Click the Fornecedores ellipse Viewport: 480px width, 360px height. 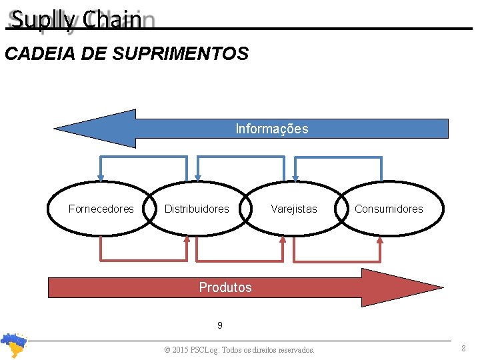pyautogui.click(x=101, y=209)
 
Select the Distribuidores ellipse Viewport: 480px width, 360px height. pyautogui.click(x=197, y=209)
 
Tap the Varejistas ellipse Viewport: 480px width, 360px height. pyautogui.click(x=294, y=209)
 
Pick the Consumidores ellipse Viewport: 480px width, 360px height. pyautogui.click(x=389, y=209)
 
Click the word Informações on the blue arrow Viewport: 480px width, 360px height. pyautogui.click(x=272, y=129)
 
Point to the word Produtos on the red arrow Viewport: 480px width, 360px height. pyautogui.click(x=225, y=287)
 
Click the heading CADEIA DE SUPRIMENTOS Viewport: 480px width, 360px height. pyautogui.click(x=127, y=53)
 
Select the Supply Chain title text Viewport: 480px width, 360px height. pyautogui.click(x=77, y=20)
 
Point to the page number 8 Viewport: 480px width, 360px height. pyautogui.click(x=463, y=348)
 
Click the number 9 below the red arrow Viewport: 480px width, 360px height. pyautogui.click(x=220, y=326)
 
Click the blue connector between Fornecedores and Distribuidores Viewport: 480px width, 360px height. pyautogui.click(x=143, y=157)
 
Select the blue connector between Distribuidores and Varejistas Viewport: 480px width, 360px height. pyautogui.click(x=241, y=157)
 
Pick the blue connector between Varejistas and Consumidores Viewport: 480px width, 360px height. pyautogui.click(x=338, y=157)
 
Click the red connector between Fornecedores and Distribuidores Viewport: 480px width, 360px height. pyautogui.click(x=143, y=259)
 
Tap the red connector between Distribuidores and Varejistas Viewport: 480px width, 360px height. pyautogui.click(x=241, y=260)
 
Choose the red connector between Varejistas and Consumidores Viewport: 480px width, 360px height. pyautogui.click(x=337, y=260)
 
